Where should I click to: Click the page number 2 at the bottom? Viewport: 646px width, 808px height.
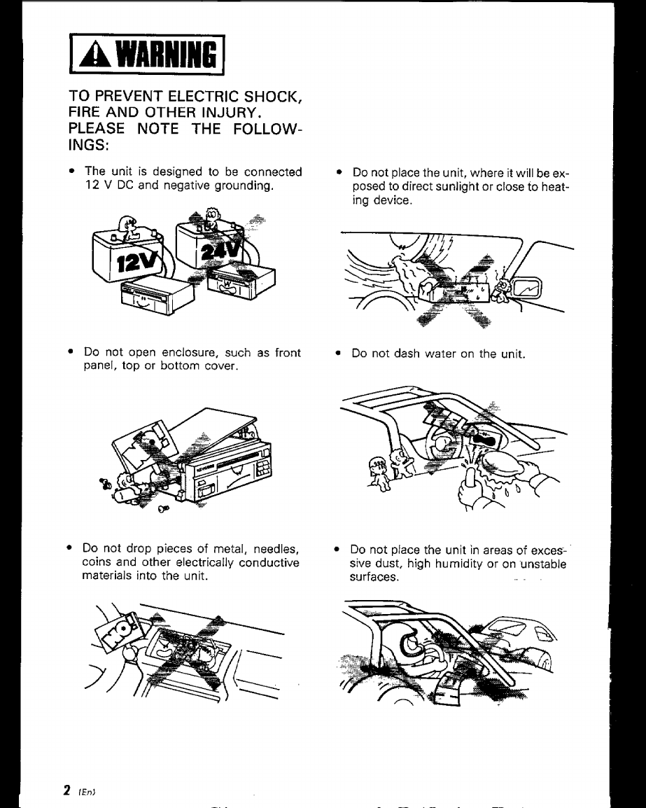click(66, 790)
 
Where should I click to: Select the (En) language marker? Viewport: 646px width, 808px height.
click(81, 791)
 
